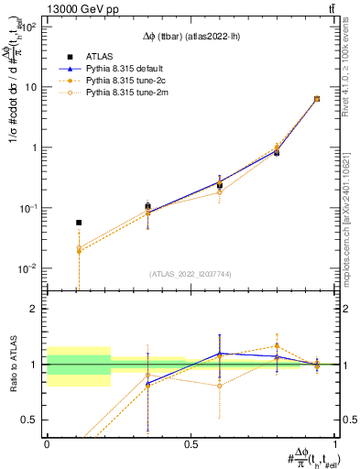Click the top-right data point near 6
pos(317,99)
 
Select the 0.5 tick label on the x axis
pos(191,444)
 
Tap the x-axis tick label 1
pos(335,444)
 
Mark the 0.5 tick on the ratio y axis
pos(34,420)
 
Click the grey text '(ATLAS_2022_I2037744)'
pos(191,274)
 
